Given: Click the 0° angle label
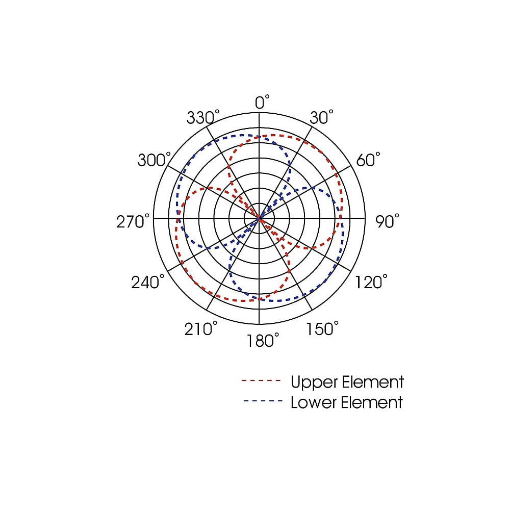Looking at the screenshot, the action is (x=262, y=102).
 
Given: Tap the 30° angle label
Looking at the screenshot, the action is (x=321, y=117).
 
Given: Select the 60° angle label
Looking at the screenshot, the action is (x=368, y=159).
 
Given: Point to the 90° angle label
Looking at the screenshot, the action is (x=387, y=221).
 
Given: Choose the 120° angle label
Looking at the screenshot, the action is (x=371, y=282).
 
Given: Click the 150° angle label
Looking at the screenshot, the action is (x=322, y=328).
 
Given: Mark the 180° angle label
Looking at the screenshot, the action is (x=263, y=340).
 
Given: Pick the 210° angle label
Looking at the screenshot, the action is (x=200, y=328).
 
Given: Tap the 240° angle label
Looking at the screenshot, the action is (x=148, y=282).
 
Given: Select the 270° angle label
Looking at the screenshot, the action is (x=133, y=221).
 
